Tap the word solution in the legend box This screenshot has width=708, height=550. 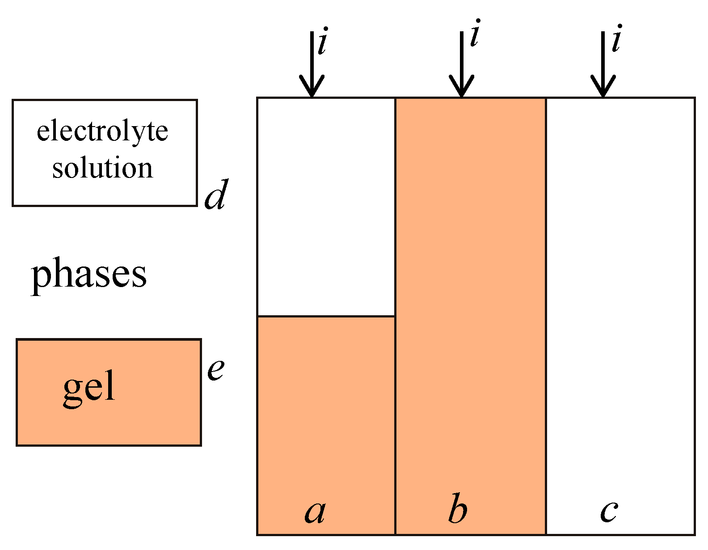[x=102, y=168]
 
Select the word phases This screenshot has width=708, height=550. [x=88, y=274]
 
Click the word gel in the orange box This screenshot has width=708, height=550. [x=89, y=387]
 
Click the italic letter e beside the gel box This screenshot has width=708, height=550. [x=216, y=369]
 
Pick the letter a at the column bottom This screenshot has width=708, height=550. [x=315, y=511]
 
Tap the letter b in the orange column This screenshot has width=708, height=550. [x=458, y=509]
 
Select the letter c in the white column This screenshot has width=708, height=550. [x=609, y=511]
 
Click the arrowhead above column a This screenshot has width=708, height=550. [x=312, y=87]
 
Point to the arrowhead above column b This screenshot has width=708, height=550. [x=461, y=87]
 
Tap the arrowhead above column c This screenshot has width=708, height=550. [x=603, y=87]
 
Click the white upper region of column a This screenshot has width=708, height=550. [x=326, y=206]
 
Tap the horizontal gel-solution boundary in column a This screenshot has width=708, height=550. [x=326, y=316]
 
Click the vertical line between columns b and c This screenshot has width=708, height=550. [x=546, y=313]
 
